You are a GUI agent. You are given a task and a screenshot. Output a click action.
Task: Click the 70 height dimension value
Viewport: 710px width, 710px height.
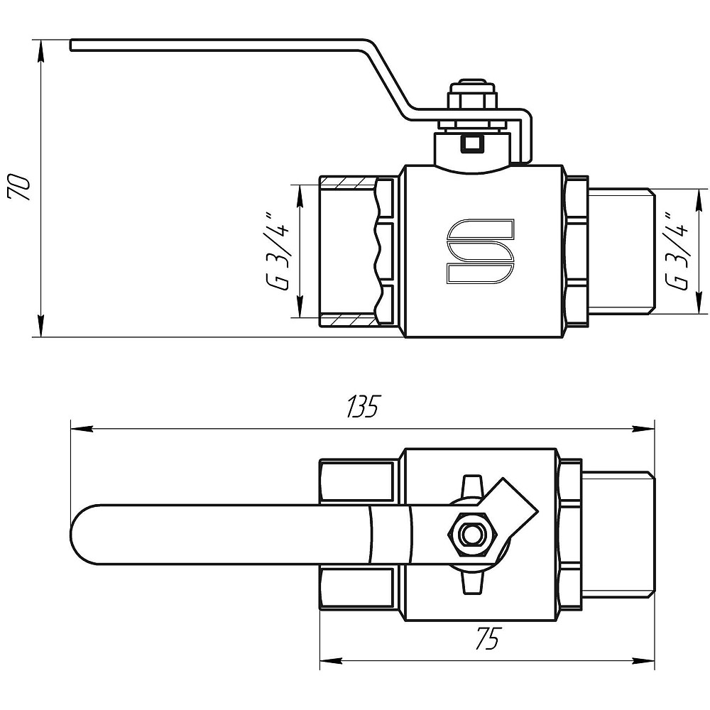18,185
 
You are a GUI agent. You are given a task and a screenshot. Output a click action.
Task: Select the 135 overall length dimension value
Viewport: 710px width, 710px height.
362,407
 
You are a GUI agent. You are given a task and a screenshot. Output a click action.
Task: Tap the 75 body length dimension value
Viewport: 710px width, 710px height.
487,638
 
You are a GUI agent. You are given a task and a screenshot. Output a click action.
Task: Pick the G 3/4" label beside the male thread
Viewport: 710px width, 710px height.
678,251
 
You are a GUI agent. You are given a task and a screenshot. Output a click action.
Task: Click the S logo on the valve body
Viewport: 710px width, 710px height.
481,251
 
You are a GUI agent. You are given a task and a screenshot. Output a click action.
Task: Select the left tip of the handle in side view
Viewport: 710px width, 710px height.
71,45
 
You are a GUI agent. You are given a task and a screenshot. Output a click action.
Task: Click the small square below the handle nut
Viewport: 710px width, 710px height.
472,144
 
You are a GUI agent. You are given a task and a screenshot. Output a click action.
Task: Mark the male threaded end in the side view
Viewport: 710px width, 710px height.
621,251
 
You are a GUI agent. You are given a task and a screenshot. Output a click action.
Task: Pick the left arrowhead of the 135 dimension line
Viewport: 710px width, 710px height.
82,428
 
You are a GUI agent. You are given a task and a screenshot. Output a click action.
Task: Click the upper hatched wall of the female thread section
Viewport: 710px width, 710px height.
348,182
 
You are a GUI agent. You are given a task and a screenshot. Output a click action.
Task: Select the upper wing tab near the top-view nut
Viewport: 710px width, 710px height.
471,486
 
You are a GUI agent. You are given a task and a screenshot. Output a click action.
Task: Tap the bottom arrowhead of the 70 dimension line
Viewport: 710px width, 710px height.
40,326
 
